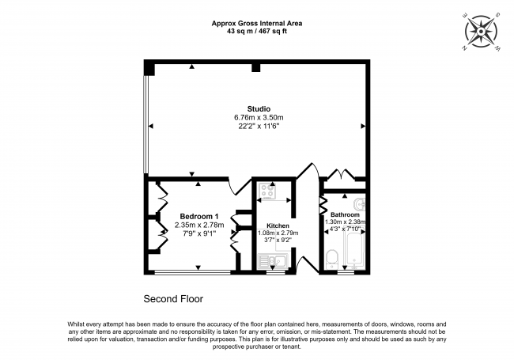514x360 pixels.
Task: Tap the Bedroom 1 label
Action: coord(198,216)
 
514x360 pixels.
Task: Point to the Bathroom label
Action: coord(345,214)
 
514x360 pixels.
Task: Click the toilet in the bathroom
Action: coord(333,257)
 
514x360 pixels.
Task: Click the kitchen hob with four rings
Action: coord(266,191)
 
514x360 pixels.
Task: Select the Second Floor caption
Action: coord(173,299)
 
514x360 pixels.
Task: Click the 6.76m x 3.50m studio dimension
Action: coord(258,118)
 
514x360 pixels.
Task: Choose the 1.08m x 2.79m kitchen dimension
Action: coord(278,233)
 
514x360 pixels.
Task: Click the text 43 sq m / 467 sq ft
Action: coord(257,31)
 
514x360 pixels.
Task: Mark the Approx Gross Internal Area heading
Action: coord(257,23)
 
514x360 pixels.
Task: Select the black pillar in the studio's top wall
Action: coord(255,69)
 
